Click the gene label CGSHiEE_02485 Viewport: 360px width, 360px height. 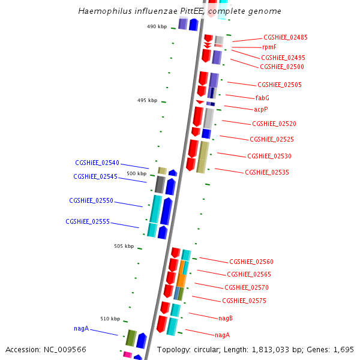click(x=285, y=37)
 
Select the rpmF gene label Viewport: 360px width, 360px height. click(x=269, y=47)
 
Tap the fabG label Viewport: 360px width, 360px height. click(x=262, y=98)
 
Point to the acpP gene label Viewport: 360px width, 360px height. click(x=260, y=109)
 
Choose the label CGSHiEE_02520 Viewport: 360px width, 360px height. click(x=274, y=124)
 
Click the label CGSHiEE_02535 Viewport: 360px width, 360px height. click(x=266, y=172)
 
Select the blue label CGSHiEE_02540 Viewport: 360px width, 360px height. click(x=97, y=163)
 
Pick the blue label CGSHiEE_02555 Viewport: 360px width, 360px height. click(x=88, y=221)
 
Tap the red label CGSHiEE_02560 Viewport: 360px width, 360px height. click(x=251, y=262)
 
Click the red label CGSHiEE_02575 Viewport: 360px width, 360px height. click(x=244, y=301)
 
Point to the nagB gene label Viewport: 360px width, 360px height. click(x=225, y=318)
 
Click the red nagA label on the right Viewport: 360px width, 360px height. click(x=222, y=334)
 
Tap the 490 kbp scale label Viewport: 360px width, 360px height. click(x=157, y=26)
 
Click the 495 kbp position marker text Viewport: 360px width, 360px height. click(x=147, y=100)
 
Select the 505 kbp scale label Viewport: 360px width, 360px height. click(x=124, y=246)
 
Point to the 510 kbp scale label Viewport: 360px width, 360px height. click(x=110, y=319)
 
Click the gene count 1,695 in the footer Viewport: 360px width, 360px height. click(x=343, y=349)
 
